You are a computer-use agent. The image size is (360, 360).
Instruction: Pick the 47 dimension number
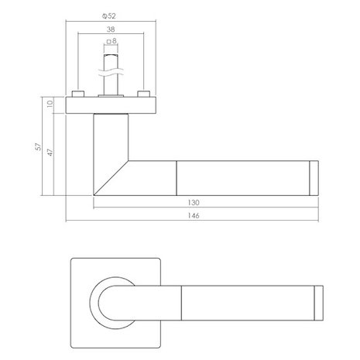(x=50, y=152)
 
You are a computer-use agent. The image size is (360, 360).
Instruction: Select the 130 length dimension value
(x=205, y=203)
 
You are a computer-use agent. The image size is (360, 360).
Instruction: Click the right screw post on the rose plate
(x=143, y=94)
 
